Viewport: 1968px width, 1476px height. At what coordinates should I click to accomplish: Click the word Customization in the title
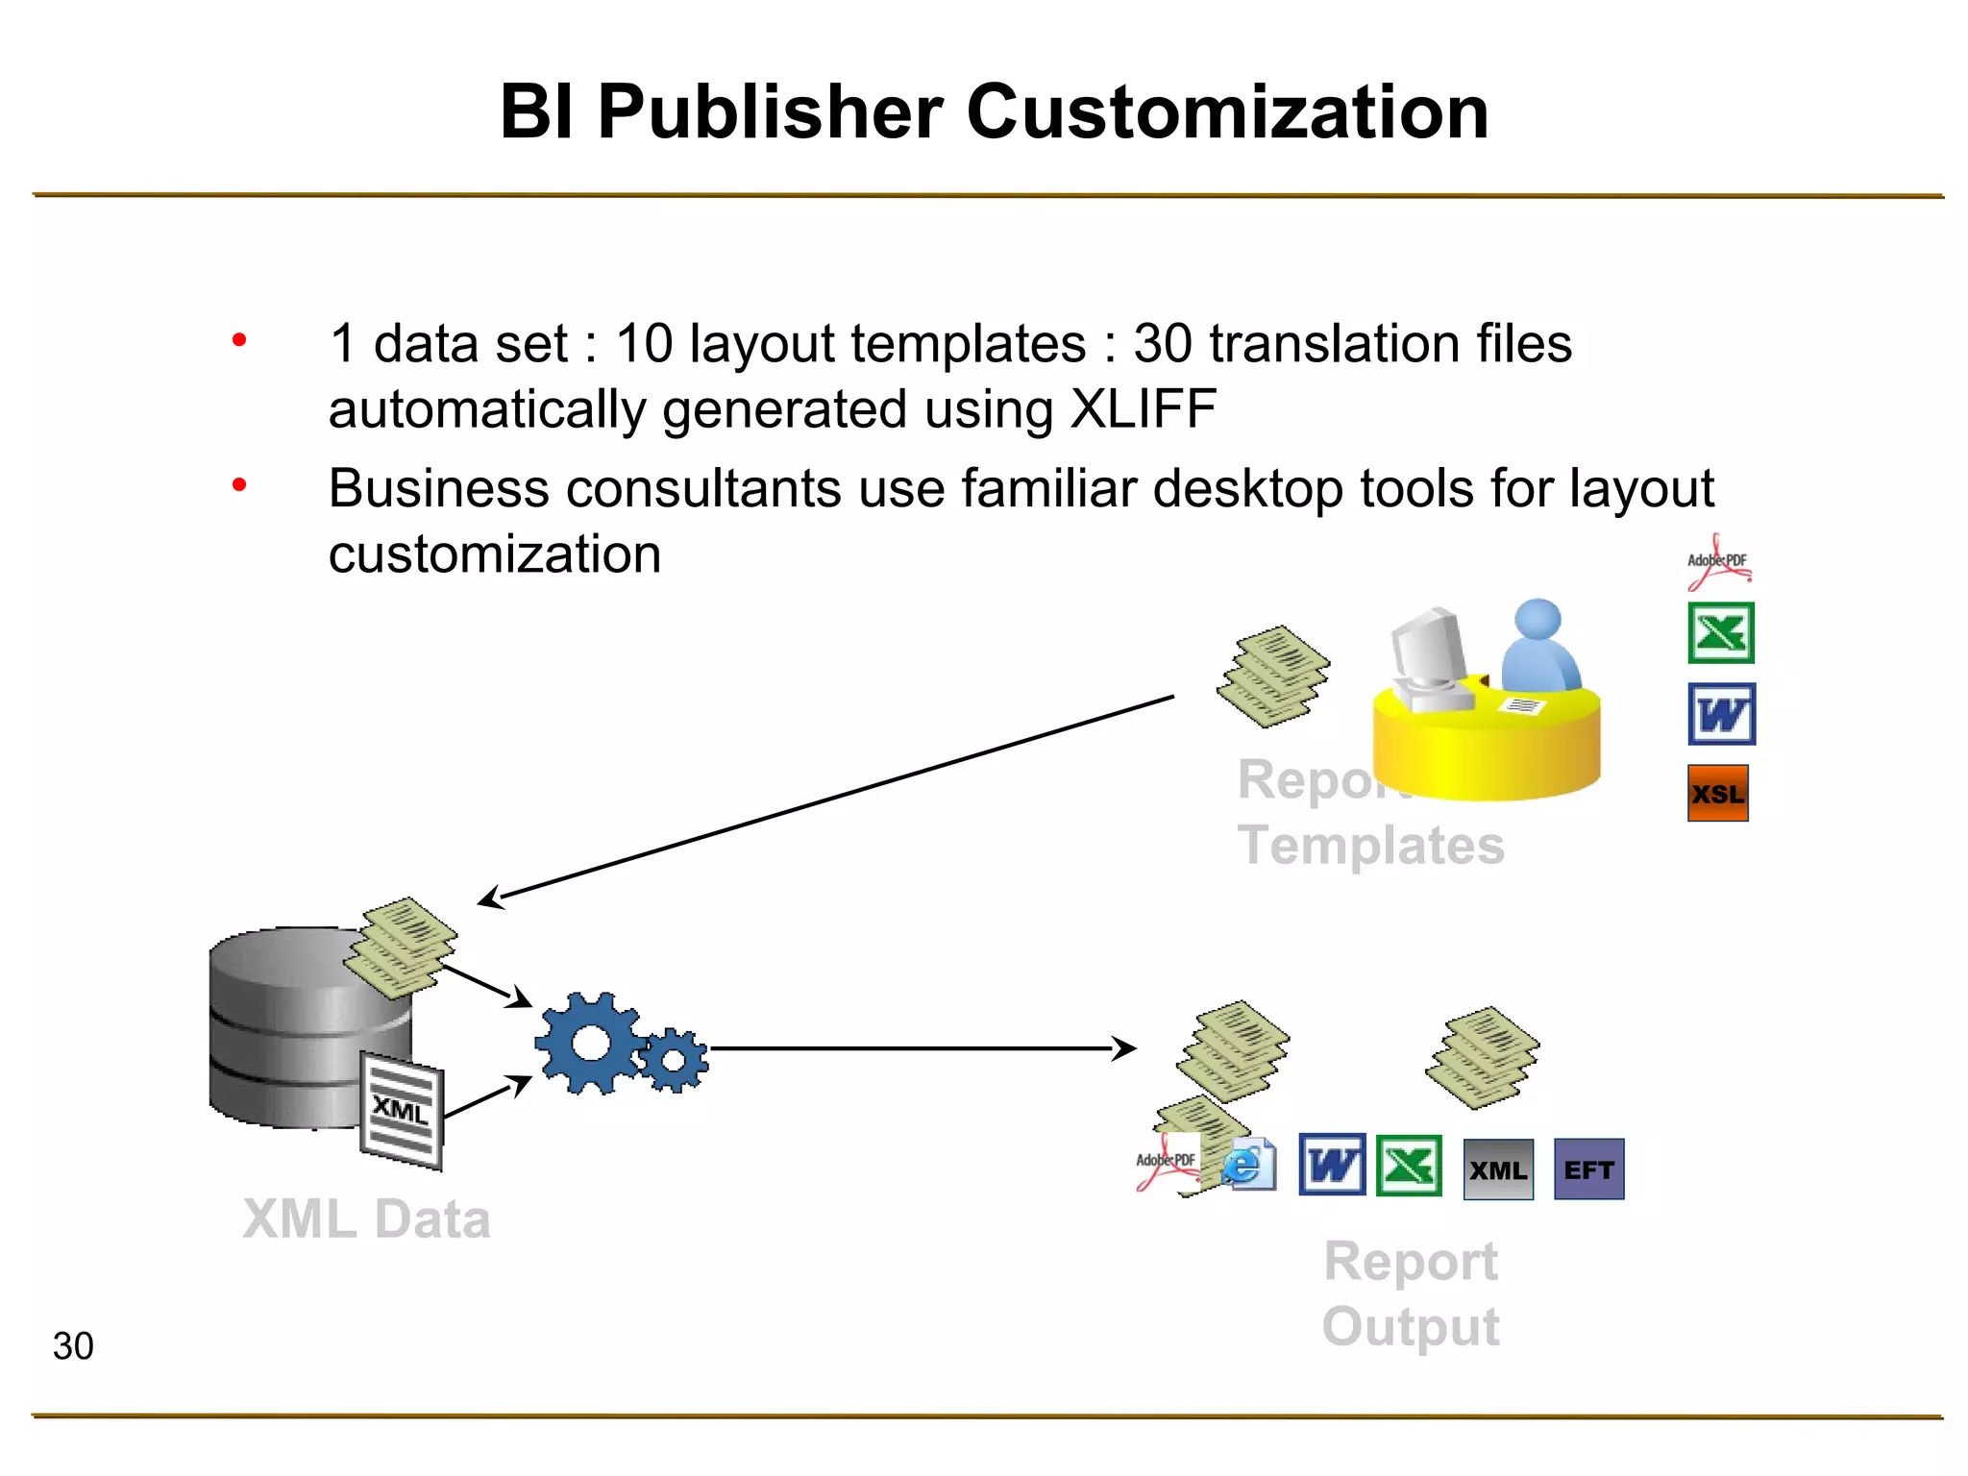pos(1227,112)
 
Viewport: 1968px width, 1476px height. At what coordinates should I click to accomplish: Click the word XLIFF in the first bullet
pos(1143,409)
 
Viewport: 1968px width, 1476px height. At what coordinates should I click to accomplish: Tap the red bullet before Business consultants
pos(239,485)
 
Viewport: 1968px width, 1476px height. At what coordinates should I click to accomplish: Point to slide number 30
pos(73,1346)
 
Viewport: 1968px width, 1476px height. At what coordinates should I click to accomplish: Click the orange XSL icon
pos(1717,794)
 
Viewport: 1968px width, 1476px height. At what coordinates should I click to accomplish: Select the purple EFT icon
pos(1588,1169)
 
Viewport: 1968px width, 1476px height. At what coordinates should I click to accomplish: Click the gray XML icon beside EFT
pos(1497,1169)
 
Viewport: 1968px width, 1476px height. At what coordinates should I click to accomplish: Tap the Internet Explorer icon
pos(1247,1166)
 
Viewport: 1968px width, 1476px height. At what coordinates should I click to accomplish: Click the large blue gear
pos(589,1044)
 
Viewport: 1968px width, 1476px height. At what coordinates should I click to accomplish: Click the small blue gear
pos(674,1060)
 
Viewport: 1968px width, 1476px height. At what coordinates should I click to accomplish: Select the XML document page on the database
pos(402,1112)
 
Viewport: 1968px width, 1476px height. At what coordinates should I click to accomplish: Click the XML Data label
pos(366,1219)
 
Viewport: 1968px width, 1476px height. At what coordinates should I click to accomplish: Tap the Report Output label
pos(1411,1293)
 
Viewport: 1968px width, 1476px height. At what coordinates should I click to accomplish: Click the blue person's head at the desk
pos(1538,620)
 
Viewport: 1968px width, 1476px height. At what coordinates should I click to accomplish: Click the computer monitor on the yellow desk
pos(1429,646)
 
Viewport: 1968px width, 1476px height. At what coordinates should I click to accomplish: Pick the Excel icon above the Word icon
pos(1720,633)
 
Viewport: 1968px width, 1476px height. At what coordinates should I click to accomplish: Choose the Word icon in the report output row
pos(1332,1166)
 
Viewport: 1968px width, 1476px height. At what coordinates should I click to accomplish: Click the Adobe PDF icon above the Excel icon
pos(1718,563)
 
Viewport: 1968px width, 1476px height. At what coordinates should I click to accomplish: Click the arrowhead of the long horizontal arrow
pos(1126,1048)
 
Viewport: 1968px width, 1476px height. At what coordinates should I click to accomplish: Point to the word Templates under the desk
pos(1370,846)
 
